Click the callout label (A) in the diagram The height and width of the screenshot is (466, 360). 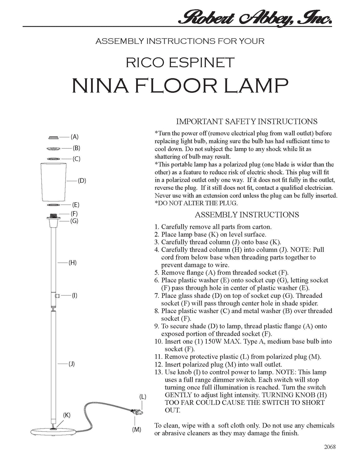coord(74,137)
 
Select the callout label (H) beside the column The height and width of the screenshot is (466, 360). coord(72,263)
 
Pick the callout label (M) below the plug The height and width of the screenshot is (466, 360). coord(136,429)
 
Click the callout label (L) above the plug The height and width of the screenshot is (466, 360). coord(143,397)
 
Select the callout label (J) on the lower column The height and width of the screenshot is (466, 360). coord(71,364)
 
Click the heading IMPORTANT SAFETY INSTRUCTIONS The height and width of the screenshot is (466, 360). coord(247,121)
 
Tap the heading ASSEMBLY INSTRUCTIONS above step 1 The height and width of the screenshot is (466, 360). coord(247,214)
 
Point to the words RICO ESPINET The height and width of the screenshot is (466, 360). coord(180,63)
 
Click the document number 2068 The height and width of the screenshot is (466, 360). coord(330,447)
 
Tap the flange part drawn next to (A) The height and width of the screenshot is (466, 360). coord(53,137)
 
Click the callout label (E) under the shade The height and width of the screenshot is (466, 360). coord(76,205)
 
